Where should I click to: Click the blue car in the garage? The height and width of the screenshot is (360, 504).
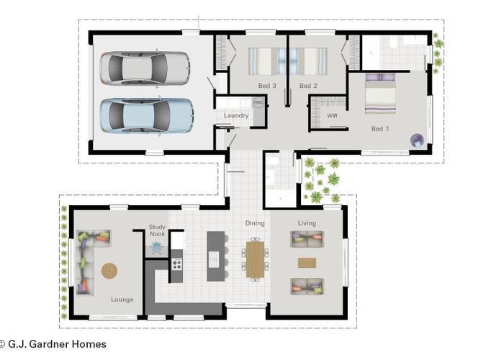click(x=147, y=116)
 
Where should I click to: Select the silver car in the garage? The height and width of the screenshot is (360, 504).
click(x=145, y=68)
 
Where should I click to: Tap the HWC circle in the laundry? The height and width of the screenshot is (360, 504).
click(x=258, y=102)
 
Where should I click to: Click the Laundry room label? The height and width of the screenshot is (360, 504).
click(x=236, y=115)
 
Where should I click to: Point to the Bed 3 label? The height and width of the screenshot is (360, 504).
click(x=267, y=86)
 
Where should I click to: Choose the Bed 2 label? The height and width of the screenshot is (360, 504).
click(x=308, y=86)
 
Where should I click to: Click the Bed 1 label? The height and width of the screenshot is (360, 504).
click(x=380, y=129)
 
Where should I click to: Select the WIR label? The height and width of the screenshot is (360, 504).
click(x=333, y=115)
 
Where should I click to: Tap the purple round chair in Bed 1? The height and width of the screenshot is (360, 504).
click(x=417, y=140)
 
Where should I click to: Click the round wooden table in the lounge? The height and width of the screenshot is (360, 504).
click(x=109, y=271)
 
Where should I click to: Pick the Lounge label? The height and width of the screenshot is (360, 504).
click(x=122, y=300)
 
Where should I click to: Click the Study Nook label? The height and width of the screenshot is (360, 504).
click(x=157, y=230)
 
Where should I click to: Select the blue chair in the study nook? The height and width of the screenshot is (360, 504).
click(x=157, y=248)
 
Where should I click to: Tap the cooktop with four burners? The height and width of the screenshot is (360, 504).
click(x=176, y=264)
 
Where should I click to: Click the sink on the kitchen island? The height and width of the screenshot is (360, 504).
click(x=213, y=259)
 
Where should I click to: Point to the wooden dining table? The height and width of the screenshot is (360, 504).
click(x=255, y=259)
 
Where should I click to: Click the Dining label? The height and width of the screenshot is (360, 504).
click(x=255, y=223)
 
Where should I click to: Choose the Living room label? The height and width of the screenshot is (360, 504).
click(x=307, y=223)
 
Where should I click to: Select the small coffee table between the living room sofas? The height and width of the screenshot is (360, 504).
click(x=307, y=263)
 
